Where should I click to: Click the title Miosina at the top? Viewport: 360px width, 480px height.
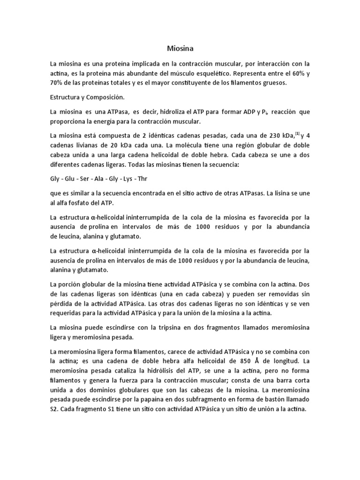tap(180, 48)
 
